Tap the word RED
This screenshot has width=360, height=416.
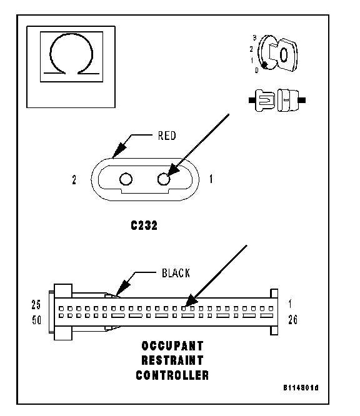point(167,136)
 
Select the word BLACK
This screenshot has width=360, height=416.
point(176,273)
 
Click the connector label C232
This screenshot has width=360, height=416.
point(144,225)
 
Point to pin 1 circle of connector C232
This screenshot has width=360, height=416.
point(164,179)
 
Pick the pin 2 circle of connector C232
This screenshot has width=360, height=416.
point(126,179)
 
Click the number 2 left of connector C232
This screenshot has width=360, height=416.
point(74,180)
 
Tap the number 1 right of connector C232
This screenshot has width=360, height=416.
point(211,179)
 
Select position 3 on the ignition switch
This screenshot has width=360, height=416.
point(254,38)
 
